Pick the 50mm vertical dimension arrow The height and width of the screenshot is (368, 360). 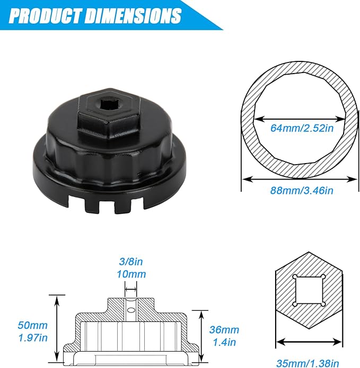[x=56, y=328]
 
